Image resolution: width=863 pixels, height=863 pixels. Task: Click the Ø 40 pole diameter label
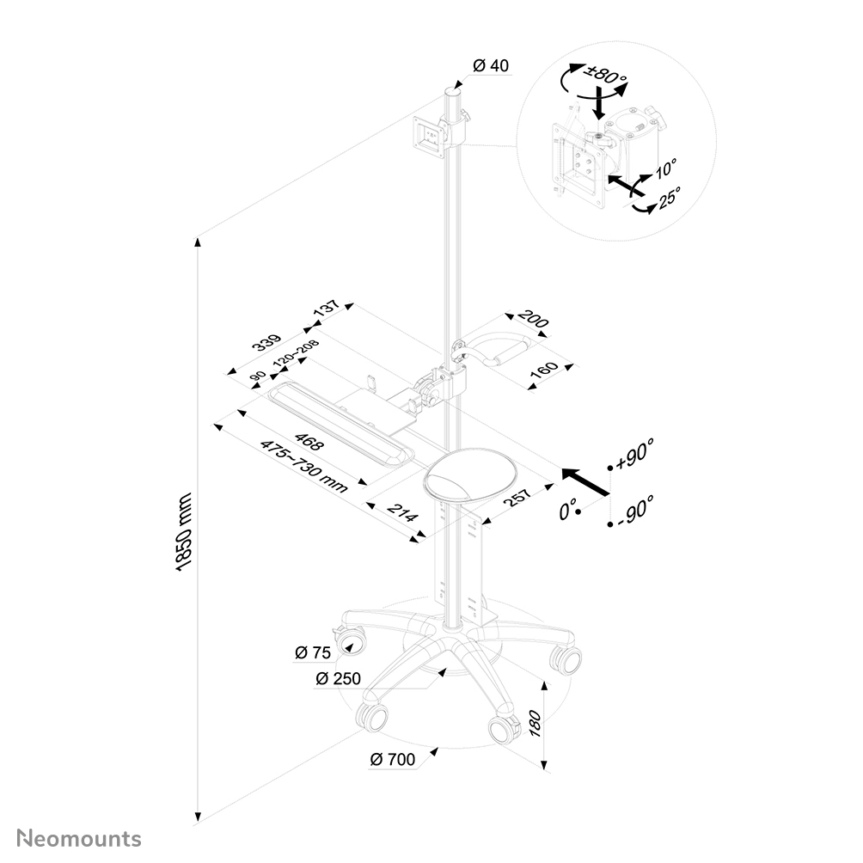tap(491, 65)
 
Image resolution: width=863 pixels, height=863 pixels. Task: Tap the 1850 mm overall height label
tap(183, 532)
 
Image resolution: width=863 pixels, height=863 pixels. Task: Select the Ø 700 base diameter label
tap(393, 760)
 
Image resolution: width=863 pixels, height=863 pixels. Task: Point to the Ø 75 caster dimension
tap(313, 652)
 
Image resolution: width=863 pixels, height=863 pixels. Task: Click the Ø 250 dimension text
tap(338, 678)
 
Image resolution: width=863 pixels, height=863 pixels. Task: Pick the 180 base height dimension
tap(534, 724)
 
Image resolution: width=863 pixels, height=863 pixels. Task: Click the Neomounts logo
tap(79, 839)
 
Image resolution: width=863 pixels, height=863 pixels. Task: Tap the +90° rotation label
tap(634, 454)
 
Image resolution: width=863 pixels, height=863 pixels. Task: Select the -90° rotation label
tap(634, 511)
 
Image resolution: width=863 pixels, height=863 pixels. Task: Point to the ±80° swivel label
tap(606, 75)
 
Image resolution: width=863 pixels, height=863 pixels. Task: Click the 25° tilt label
tap(670, 197)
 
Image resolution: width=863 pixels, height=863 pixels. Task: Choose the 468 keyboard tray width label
tap(309, 443)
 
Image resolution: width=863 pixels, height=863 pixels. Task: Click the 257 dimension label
tap(517, 500)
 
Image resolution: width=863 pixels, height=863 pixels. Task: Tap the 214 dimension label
tap(402, 513)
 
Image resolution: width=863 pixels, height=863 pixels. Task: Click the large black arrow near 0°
tap(585, 481)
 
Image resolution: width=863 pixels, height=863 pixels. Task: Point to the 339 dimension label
tap(267, 342)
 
